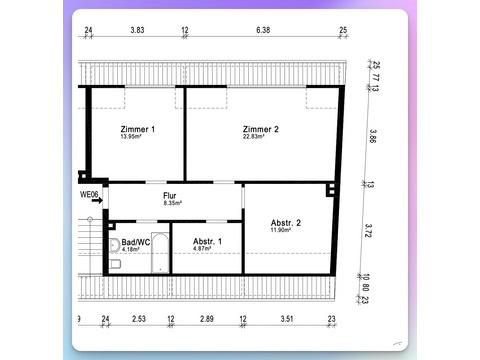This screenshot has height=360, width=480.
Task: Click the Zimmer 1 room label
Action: [x=138, y=129]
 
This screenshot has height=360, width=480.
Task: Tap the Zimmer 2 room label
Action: [x=261, y=129]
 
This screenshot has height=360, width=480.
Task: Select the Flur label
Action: [x=170, y=196]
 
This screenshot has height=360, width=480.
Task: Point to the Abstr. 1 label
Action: [x=207, y=241]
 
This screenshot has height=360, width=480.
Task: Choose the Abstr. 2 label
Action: [x=286, y=223]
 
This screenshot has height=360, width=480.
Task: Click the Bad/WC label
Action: [x=136, y=242]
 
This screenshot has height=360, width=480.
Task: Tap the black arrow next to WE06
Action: [x=97, y=201]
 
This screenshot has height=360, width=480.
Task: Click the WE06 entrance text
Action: [x=89, y=195]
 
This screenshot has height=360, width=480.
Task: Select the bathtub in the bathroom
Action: [x=160, y=252]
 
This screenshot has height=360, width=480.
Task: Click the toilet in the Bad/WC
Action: [x=115, y=264]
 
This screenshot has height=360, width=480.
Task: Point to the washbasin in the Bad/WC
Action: [x=114, y=246]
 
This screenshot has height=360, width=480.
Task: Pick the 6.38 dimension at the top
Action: [x=263, y=30]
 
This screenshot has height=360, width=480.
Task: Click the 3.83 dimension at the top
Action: [x=137, y=30]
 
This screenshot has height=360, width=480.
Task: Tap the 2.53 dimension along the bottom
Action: [x=139, y=319]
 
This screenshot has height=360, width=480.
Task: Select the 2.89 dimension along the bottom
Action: [x=207, y=319]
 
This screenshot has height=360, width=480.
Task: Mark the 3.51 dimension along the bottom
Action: [x=287, y=319]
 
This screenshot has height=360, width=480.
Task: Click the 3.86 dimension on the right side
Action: [x=373, y=136]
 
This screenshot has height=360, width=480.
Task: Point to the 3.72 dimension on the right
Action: [x=368, y=231]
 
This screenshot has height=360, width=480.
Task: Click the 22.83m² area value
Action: [x=254, y=136]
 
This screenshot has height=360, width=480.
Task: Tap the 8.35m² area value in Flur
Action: [x=173, y=203]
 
